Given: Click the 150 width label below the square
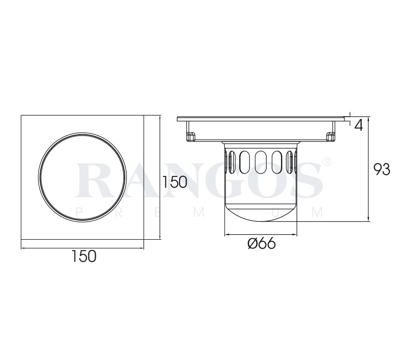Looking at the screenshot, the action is [84, 256].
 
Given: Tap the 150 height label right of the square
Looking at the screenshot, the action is [174, 182].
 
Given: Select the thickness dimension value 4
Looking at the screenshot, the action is [358, 126].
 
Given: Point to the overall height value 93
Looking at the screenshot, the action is [382, 170].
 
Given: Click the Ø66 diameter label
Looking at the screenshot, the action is [261, 243].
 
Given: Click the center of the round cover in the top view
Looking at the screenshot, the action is [82, 177].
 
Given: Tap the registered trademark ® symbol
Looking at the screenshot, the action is [326, 161].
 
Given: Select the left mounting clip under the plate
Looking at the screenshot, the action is [191, 137].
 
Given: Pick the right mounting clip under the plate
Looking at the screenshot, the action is [331, 137].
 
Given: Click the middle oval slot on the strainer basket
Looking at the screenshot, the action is [261, 162].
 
